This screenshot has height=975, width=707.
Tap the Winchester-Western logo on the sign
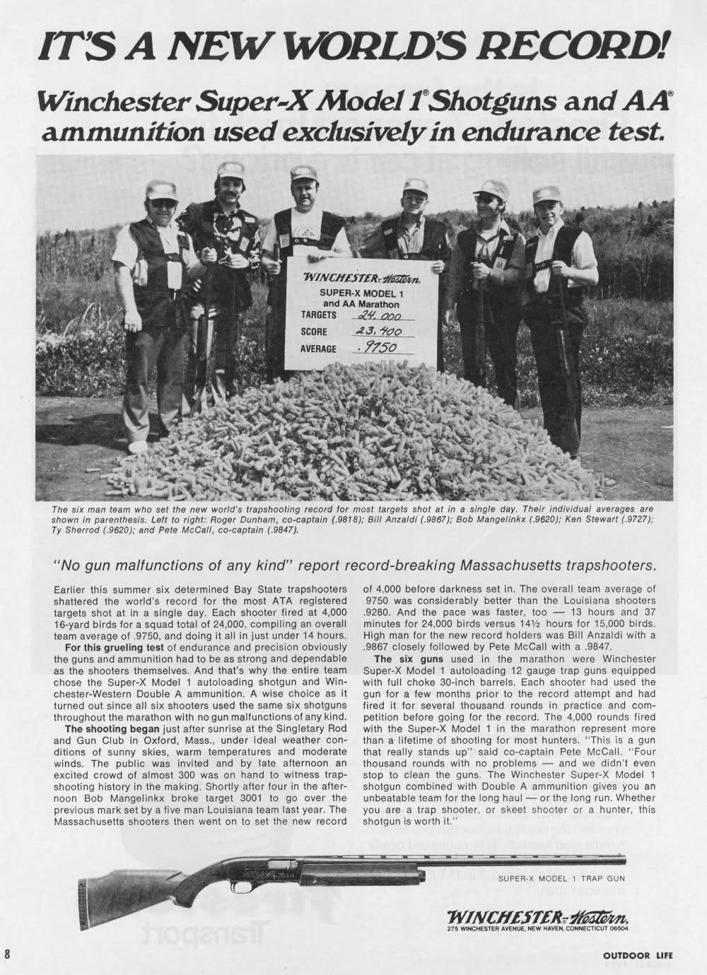[363, 279]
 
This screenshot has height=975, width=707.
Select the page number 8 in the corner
[8, 955]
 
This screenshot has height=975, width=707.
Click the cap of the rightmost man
[545, 194]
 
